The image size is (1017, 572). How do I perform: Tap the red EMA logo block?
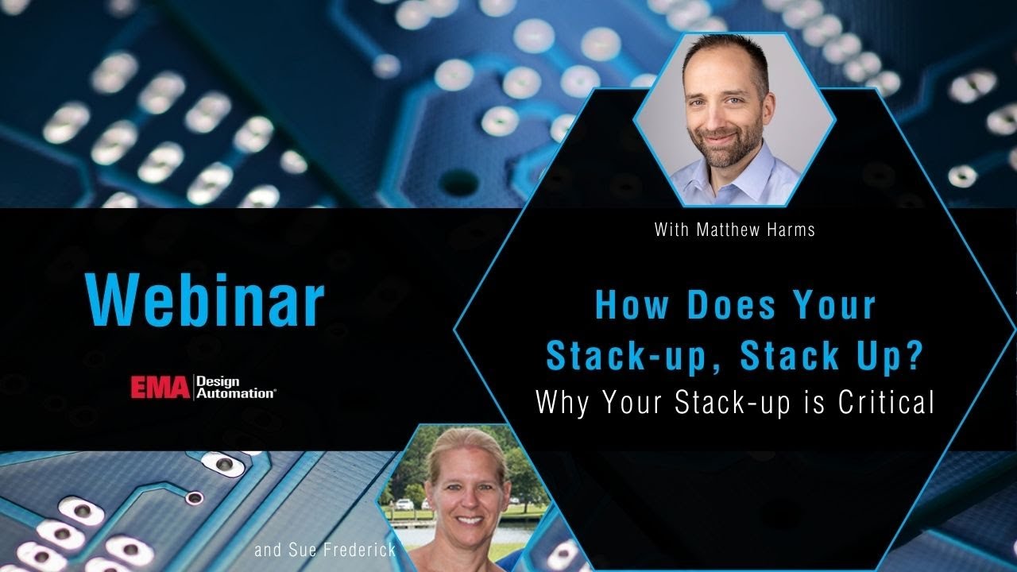pyautogui.click(x=161, y=387)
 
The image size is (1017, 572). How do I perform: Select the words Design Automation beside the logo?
pyautogui.click(x=236, y=387)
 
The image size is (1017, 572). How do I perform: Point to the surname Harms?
pyautogui.click(x=790, y=230)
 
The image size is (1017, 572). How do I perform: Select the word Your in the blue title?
pyautogui.click(x=835, y=306)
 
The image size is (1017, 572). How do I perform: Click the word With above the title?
pyautogui.click(x=671, y=230)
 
